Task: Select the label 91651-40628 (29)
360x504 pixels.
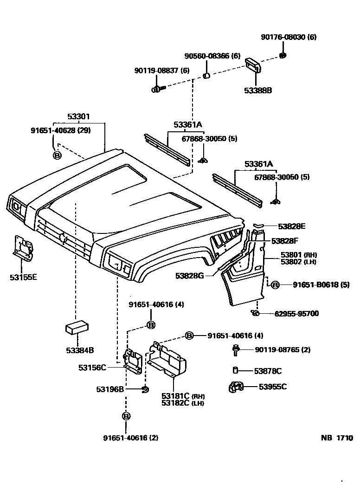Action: (60, 130)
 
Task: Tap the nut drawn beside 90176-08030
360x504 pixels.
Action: (282, 56)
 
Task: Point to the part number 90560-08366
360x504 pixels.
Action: (212, 56)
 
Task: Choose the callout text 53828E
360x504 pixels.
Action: (292, 226)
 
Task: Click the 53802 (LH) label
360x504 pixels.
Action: (298, 262)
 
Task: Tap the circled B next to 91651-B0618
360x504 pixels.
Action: (275, 285)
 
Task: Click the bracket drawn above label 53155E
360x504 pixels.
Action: (22, 248)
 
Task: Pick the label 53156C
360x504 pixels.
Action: (92, 368)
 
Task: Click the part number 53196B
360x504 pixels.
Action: (110, 389)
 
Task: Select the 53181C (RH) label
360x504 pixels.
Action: (183, 396)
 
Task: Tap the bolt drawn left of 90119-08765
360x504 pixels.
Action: (236, 350)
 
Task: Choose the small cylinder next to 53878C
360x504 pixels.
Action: (235, 370)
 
